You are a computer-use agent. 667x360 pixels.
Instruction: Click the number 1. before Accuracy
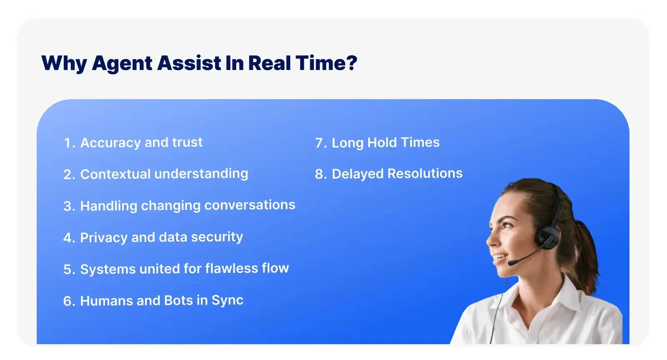point(69,143)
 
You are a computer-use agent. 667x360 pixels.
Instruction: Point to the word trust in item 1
point(187,142)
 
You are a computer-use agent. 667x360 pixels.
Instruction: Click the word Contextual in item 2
point(115,174)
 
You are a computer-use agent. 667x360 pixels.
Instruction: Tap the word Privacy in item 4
point(103,237)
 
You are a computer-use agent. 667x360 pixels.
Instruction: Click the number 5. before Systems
point(69,270)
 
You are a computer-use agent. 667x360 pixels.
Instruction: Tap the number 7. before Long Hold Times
point(321,143)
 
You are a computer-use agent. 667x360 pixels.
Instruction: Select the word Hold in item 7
point(382,142)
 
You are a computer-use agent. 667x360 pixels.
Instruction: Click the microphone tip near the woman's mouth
point(511,263)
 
